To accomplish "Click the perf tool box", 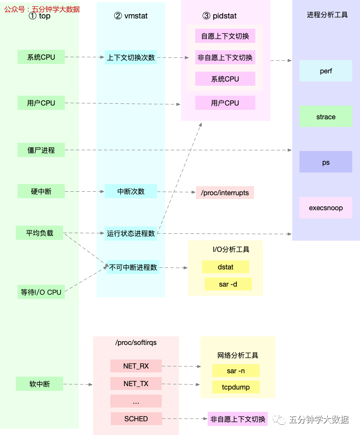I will coord(326,71).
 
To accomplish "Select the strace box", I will coord(326,117).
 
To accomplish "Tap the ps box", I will coord(326,162).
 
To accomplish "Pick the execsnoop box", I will coord(326,208).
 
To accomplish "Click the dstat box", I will coord(225,267).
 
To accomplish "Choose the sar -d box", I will coord(228,284).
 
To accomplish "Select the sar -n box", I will coord(236,371).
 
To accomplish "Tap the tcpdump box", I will coord(236,387).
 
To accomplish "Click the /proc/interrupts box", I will coord(225,193).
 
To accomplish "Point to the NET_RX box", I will coord(136,366).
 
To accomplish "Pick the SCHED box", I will coord(136,419).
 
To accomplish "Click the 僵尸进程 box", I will coord(41,150).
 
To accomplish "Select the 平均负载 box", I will coord(39,233).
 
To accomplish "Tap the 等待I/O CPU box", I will coord(41,292).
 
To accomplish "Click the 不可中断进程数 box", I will coord(133,267).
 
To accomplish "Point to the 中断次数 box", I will coord(131,191).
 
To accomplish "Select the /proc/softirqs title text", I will coord(136,343).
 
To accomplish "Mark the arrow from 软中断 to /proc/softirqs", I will coord(78,385).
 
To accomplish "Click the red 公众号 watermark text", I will coord(42,9).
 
